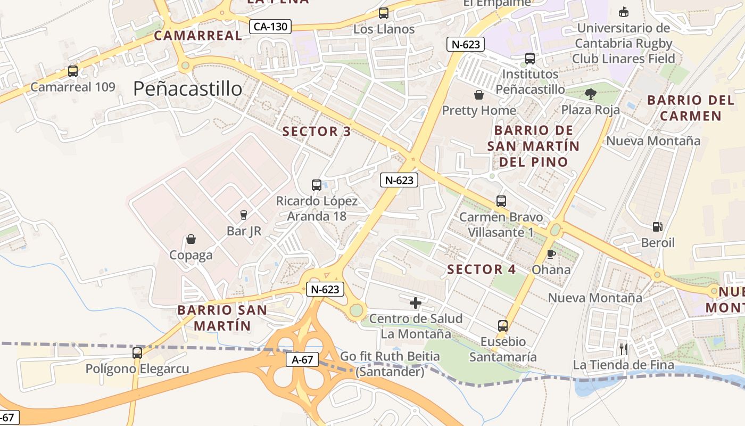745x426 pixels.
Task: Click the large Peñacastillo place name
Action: [x=187, y=88]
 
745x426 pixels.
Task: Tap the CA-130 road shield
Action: [x=271, y=26]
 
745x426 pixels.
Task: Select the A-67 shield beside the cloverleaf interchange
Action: [x=302, y=360]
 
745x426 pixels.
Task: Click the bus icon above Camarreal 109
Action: [x=73, y=71]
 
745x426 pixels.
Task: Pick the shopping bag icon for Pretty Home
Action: [x=479, y=95]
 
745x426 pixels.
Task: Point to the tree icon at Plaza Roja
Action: [x=590, y=94]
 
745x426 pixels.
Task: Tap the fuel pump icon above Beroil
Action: [x=658, y=227]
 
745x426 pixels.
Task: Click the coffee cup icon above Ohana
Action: [x=551, y=254]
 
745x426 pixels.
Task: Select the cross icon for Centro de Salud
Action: [x=416, y=303]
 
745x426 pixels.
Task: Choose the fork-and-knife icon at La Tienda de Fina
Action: [x=624, y=349]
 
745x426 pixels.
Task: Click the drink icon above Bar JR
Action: [x=244, y=215]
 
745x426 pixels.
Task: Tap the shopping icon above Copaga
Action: [x=191, y=239]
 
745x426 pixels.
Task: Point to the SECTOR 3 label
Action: [x=317, y=132]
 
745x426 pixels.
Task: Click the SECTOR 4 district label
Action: [x=482, y=269]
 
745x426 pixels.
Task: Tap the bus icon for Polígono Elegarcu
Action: [x=137, y=353]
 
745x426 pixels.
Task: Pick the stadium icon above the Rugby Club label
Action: [x=624, y=12]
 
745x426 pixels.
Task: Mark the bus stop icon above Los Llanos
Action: [x=384, y=13]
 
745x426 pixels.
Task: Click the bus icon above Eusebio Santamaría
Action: [x=503, y=325]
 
